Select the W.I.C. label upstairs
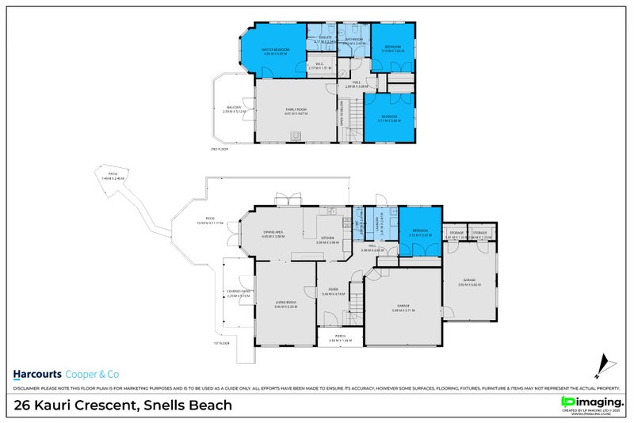click(x=319, y=66)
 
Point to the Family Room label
click(x=295, y=110)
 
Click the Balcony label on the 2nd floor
click(x=234, y=108)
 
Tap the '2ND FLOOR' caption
click(x=219, y=149)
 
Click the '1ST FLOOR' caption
click(x=220, y=343)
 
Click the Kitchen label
click(x=328, y=238)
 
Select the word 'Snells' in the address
click(x=165, y=406)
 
